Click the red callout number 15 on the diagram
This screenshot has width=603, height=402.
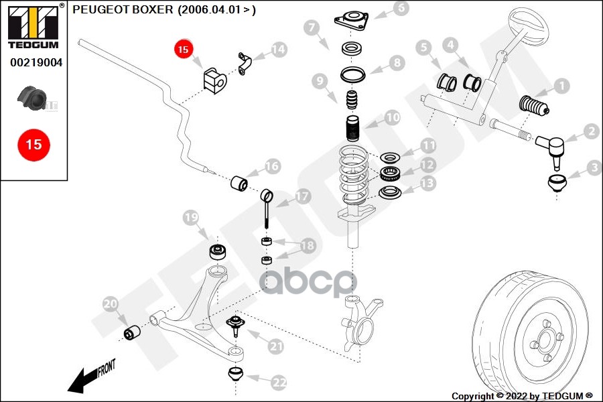pyautogui.click(x=184, y=49)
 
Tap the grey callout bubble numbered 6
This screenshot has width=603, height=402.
pyautogui.click(x=401, y=9)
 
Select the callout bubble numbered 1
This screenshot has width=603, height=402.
pyautogui.click(x=561, y=86)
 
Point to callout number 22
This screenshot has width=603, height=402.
pyautogui.click(x=279, y=383)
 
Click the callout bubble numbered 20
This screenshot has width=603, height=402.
pyautogui.click(x=111, y=306)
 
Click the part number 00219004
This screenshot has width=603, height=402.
pyautogui.click(x=36, y=63)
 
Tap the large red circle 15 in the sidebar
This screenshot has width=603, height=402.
pyautogui.click(x=33, y=143)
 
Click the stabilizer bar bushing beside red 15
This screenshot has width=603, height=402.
pyautogui.click(x=215, y=80)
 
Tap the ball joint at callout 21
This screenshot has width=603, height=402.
pyautogui.click(x=235, y=326)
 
